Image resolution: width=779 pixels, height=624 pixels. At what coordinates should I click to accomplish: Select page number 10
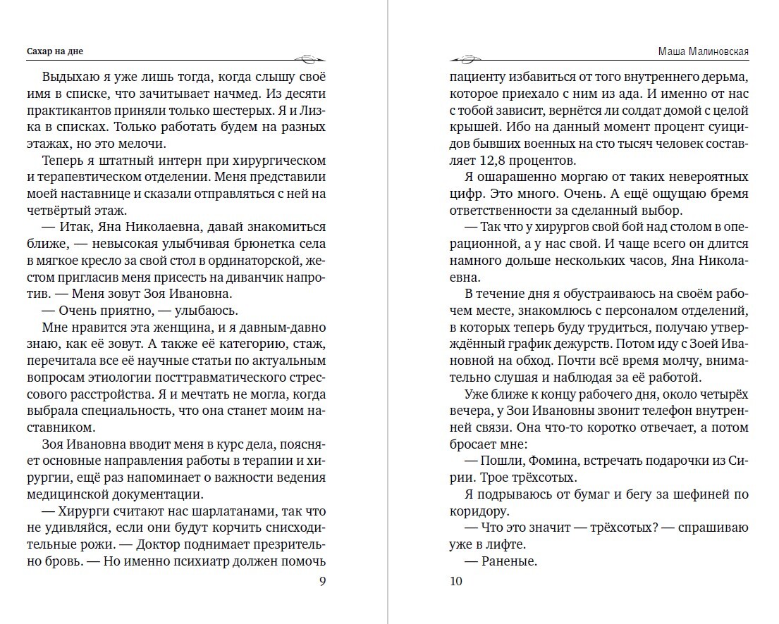[x=455, y=581]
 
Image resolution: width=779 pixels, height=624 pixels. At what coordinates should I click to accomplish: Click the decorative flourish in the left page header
[x=308, y=58]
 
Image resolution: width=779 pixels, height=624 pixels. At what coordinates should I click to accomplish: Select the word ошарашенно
[x=518, y=177]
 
